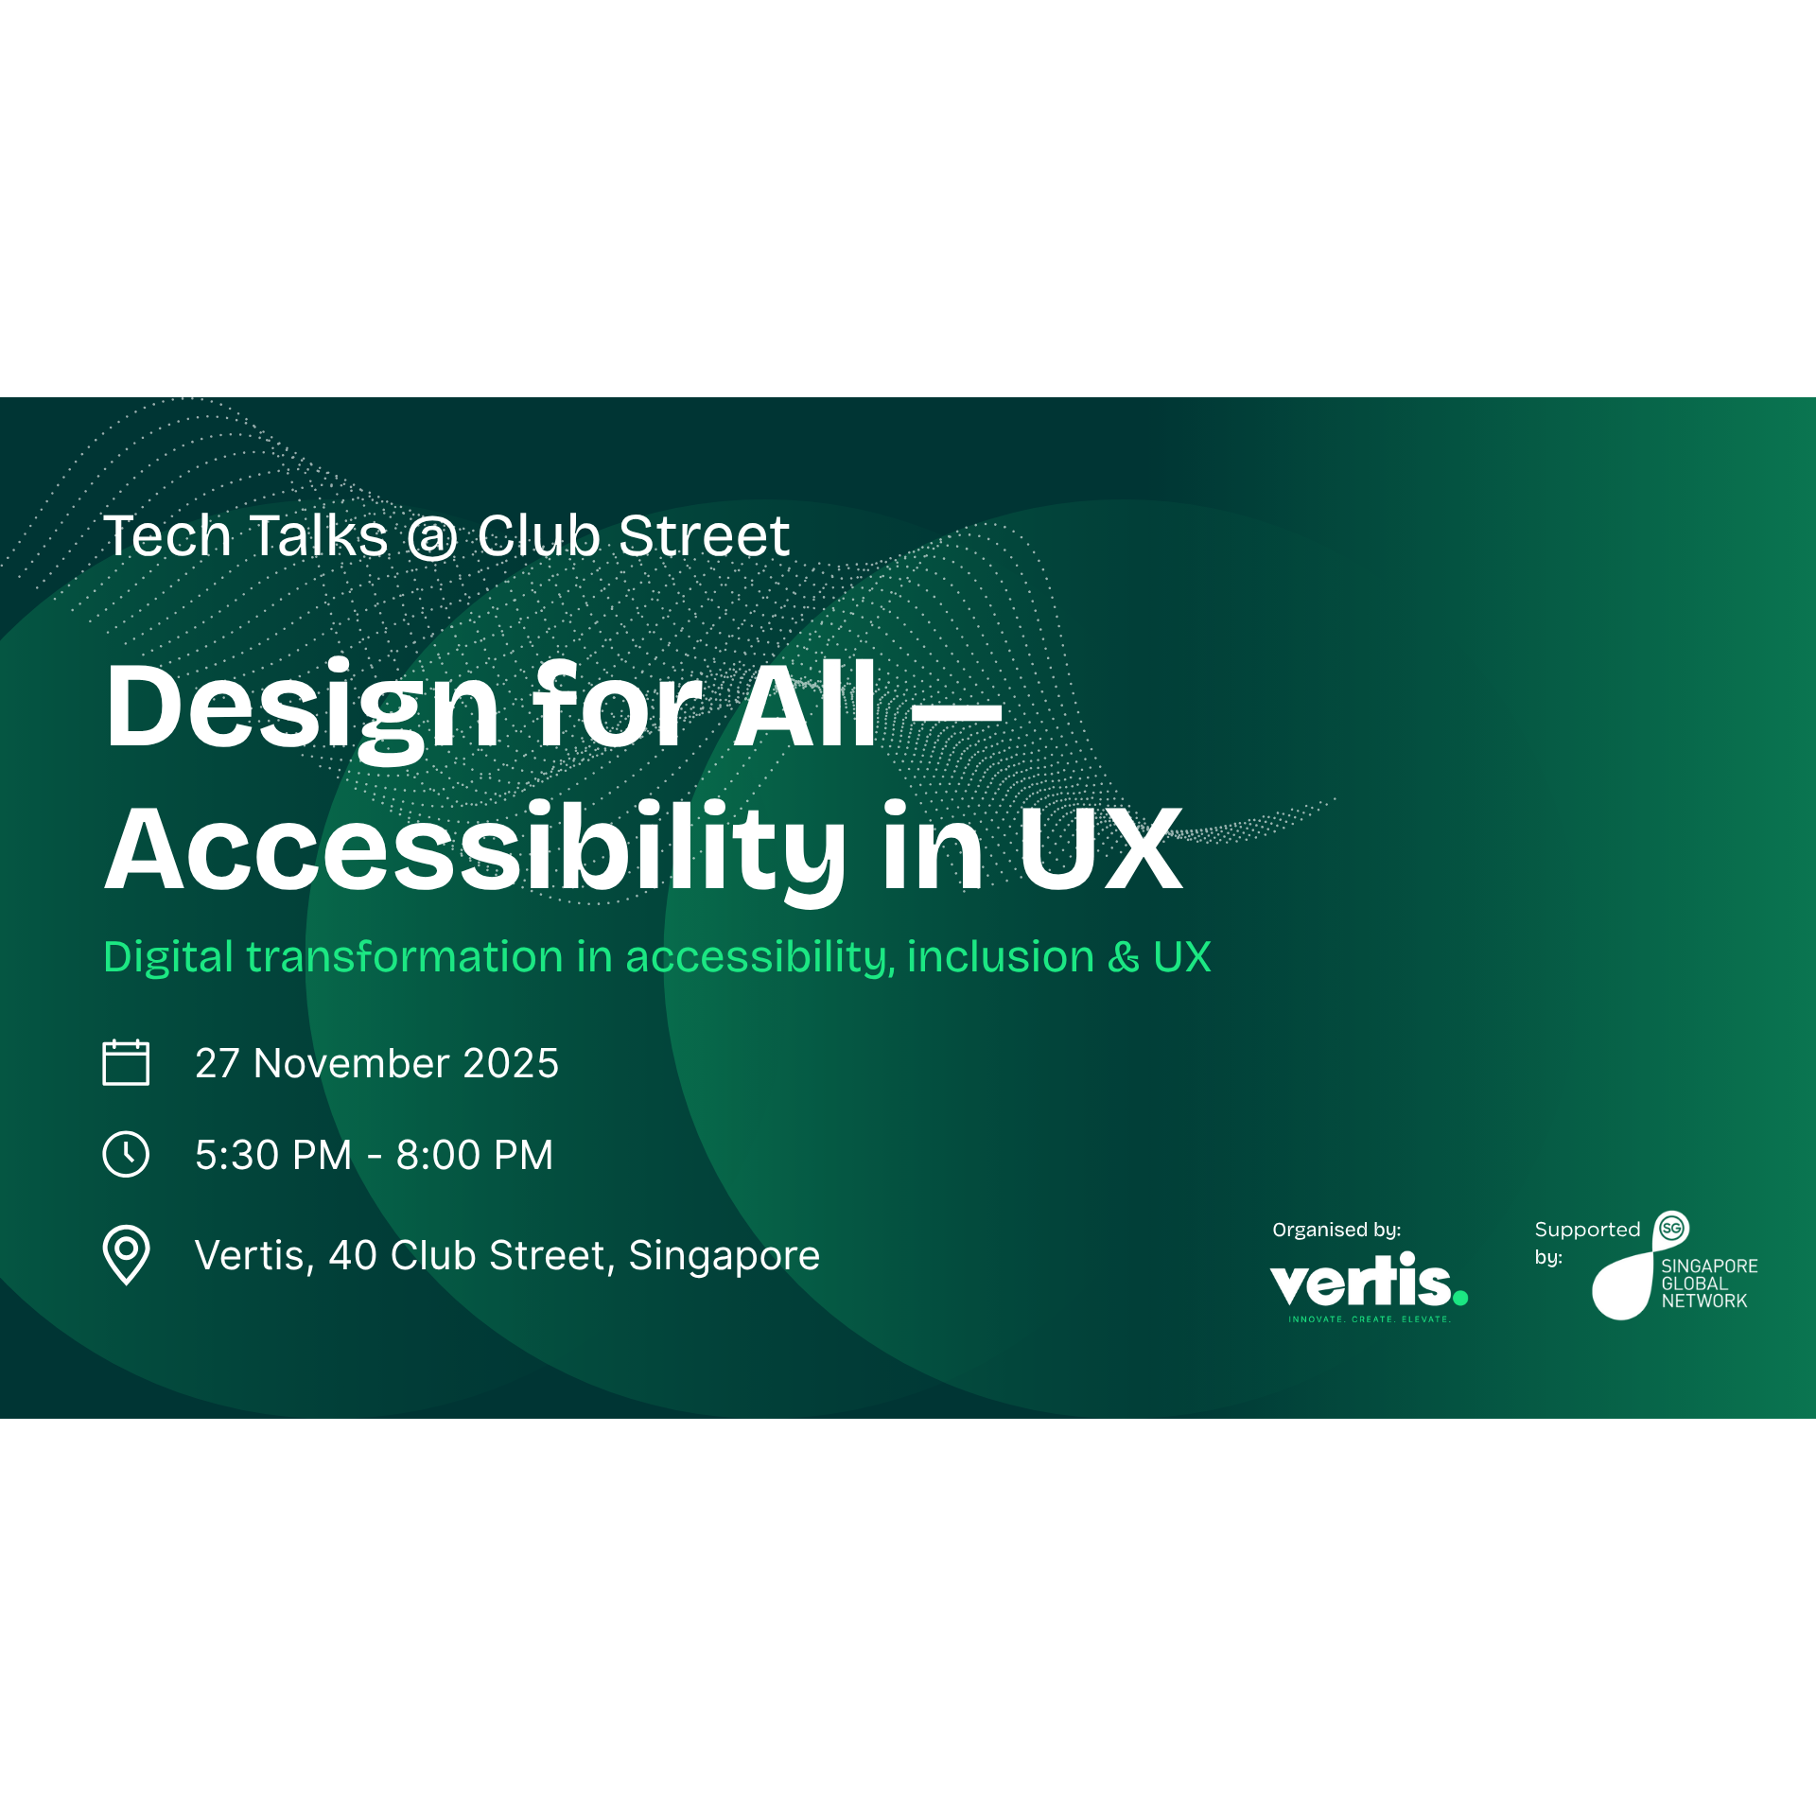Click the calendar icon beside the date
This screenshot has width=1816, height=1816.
click(x=126, y=1062)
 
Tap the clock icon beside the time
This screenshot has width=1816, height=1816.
click(x=126, y=1154)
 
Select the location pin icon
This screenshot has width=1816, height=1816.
click(x=126, y=1255)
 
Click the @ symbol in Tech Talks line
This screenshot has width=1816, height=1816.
click(x=432, y=538)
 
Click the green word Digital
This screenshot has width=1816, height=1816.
click(x=168, y=957)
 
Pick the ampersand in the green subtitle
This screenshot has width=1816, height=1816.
click(x=1124, y=958)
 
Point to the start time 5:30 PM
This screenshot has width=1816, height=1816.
click(x=273, y=1155)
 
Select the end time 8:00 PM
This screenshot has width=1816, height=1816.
click(x=475, y=1155)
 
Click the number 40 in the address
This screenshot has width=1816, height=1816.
click(x=353, y=1255)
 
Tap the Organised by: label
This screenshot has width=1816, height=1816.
click(x=1336, y=1230)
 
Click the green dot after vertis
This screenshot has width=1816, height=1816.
click(x=1460, y=1298)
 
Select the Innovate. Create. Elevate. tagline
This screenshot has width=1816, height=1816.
click(x=1370, y=1319)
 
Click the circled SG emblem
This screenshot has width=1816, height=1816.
click(x=1672, y=1229)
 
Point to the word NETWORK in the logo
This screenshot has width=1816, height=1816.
click(x=1704, y=1301)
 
